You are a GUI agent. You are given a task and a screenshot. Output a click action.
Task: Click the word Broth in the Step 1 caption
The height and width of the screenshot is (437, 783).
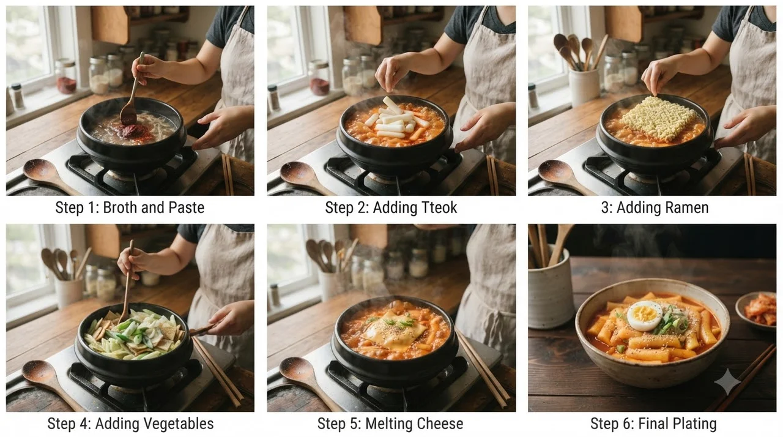coord(121,207)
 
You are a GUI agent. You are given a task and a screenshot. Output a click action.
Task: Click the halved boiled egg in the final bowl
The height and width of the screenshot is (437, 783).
coord(645,316)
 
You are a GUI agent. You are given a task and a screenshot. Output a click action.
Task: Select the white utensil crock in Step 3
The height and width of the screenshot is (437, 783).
coord(584,88)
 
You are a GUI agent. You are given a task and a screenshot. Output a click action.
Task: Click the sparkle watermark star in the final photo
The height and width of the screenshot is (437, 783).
coord(728,381)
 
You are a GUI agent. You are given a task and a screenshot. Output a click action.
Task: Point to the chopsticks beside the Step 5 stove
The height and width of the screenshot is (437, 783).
coord(482,369)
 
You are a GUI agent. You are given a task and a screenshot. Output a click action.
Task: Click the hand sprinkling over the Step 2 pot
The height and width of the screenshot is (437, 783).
coord(392,73)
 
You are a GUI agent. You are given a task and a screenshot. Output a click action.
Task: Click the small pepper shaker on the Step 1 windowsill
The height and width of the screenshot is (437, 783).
coord(17,96)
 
